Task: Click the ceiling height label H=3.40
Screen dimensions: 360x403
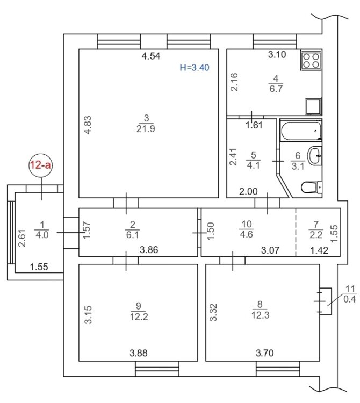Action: (195, 68)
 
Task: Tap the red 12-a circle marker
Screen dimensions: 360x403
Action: (41, 165)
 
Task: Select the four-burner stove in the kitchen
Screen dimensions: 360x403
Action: (311, 60)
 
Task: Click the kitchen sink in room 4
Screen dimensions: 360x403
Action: (313, 106)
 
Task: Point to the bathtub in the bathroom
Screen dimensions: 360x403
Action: (301, 131)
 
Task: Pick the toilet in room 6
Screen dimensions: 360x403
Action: (312, 188)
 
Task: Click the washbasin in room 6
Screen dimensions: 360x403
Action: (314, 156)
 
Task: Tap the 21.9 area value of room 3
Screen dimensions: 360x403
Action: (146, 129)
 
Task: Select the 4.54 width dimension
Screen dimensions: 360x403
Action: (151, 56)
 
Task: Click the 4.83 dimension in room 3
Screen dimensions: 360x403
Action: (88, 125)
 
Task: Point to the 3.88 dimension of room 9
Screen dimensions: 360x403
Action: (139, 353)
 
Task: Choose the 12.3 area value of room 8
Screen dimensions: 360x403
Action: (260, 315)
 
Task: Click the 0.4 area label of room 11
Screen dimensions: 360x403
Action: (350, 299)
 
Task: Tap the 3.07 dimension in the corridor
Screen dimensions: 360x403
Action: (270, 250)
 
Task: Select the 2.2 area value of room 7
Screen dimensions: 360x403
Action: (316, 234)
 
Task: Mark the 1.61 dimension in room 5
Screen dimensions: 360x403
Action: (254, 125)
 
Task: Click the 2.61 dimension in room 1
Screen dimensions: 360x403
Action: (23, 238)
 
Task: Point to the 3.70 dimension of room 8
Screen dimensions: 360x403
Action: (265, 353)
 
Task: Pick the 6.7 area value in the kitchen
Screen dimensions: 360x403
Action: (276, 89)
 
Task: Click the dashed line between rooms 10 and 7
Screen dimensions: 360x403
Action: (296, 232)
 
